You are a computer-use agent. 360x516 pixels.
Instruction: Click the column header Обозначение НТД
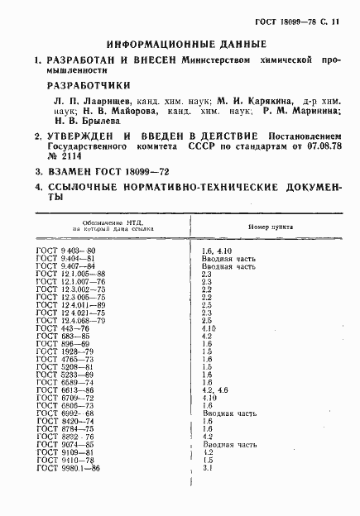[103, 222]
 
